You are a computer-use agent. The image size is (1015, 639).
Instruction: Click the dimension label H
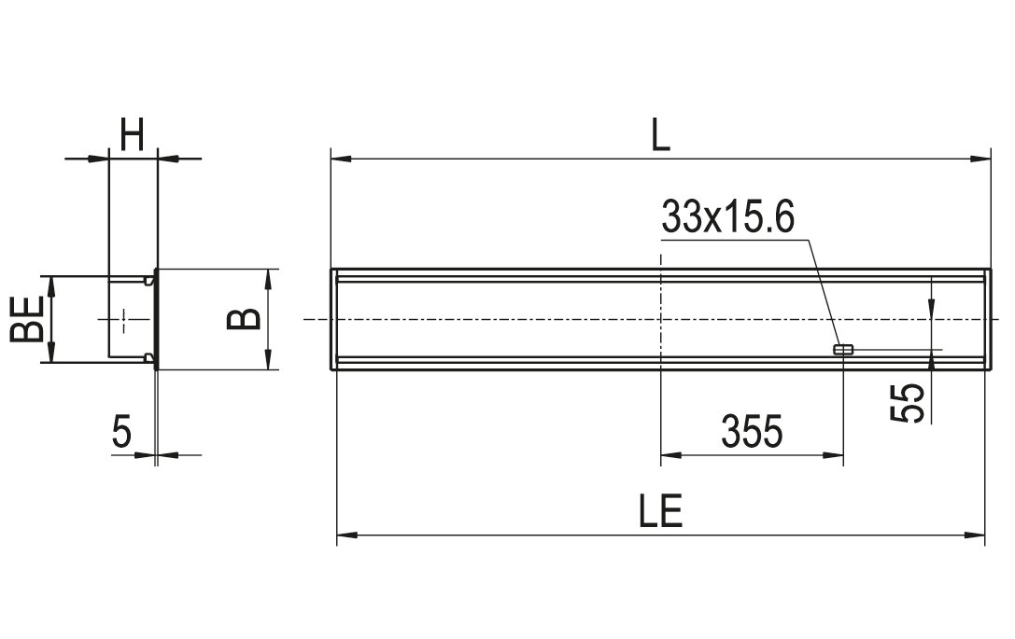click(x=132, y=134)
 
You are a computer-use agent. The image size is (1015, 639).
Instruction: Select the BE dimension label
click(x=27, y=319)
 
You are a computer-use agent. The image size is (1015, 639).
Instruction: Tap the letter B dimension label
click(x=244, y=319)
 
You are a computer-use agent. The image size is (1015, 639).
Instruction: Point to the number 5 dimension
click(x=121, y=431)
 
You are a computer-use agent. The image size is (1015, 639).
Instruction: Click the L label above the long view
click(x=660, y=135)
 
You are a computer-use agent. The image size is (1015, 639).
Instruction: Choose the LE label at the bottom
click(x=660, y=511)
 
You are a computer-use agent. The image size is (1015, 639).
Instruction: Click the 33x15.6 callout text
click(x=727, y=217)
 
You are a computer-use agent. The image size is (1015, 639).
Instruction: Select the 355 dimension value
click(x=753, y=431)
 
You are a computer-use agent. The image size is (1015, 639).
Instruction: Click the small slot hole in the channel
click(x=843, y=350)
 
